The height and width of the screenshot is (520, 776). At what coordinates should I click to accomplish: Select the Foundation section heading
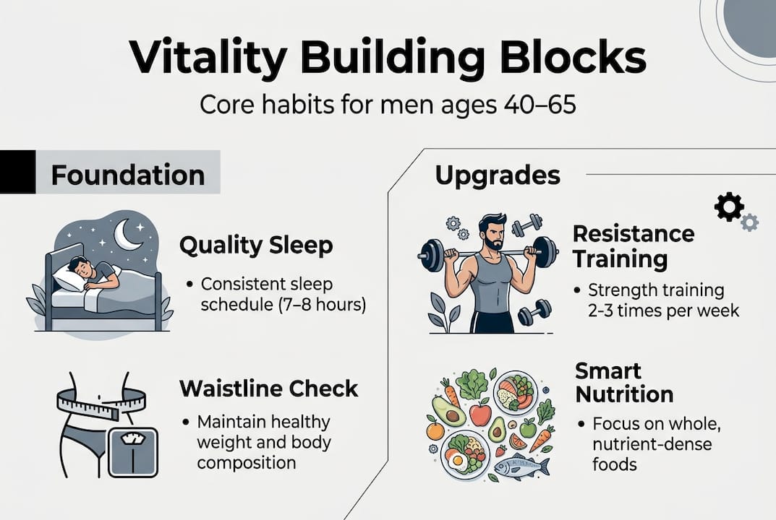click(x=128, y=175)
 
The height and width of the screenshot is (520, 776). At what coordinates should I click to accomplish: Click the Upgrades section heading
click(x=497, y=175)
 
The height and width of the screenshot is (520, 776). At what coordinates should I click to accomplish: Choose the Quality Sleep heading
click(x=256, y=246)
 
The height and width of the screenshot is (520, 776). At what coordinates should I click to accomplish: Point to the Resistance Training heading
click(x=633, y=246)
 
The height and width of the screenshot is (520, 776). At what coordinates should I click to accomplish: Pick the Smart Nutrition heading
click(x=623, y=383)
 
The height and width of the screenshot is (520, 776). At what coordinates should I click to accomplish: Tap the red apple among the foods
click(x=479, y=415)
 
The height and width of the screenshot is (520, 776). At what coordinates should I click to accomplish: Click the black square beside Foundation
click(x=17, y=172)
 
